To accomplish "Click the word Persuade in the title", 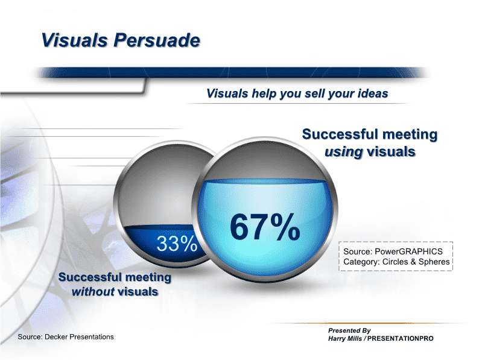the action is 157,40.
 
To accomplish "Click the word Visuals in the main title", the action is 74,40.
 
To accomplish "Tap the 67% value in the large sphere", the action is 265,227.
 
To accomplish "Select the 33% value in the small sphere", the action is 177,244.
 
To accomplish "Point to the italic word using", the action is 344,152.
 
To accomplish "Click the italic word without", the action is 93,291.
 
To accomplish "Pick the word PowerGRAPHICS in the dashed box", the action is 408,251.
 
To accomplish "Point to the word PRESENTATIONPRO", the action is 400,338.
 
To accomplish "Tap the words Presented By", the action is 349,330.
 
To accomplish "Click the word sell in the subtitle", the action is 314,93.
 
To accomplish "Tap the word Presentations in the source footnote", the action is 92,337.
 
